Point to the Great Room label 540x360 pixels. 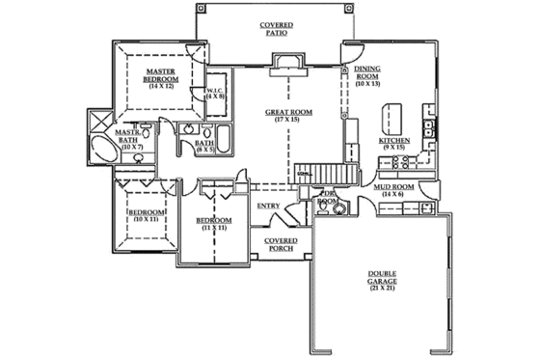285,112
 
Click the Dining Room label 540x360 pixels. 367,75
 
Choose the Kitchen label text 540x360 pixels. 395,141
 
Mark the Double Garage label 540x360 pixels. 382,278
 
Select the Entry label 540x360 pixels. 269,206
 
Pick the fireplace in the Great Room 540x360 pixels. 287,64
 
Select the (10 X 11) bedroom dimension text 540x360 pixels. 144,220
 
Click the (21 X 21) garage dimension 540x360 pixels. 382,289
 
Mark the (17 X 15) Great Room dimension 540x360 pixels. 285,119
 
